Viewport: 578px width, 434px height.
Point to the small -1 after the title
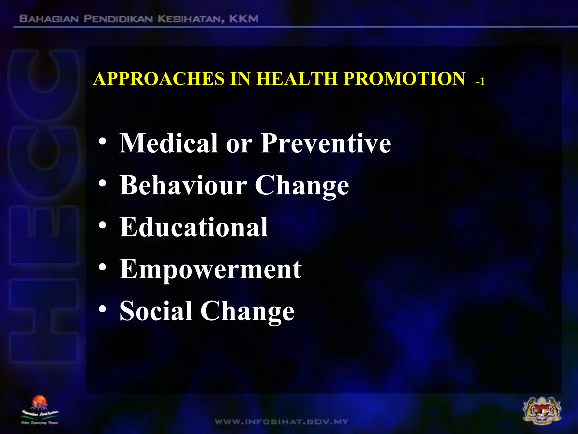[480, 82]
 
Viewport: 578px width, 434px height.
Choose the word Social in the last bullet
[156, 311]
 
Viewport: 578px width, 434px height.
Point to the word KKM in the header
[244, 19]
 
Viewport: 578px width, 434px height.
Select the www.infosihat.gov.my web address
[281, 422]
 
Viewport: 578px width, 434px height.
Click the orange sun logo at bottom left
[40, 403]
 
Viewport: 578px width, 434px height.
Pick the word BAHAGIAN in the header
[49, 19]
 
